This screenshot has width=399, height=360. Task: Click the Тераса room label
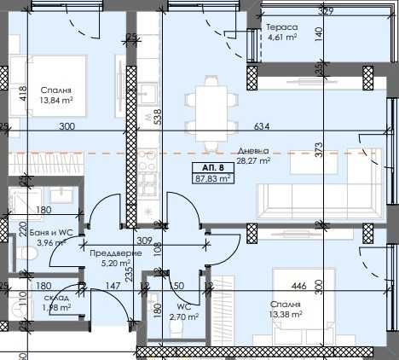281,27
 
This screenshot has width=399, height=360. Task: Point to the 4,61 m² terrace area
281,38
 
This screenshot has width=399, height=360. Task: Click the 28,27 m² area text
253,160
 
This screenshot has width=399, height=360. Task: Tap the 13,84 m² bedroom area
56,101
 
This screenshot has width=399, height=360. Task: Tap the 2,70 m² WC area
183,316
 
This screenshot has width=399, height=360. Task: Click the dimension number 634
262,126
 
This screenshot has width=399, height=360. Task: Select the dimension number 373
319,149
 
